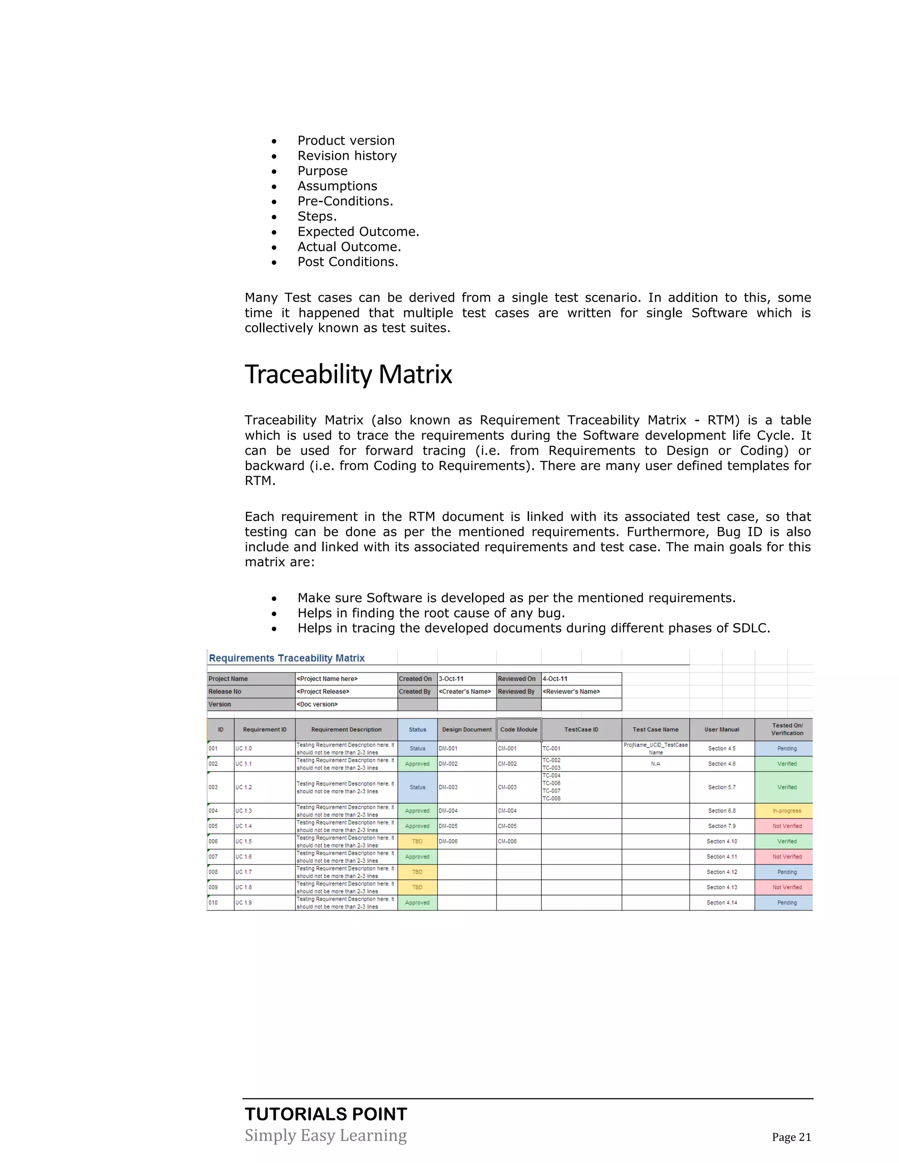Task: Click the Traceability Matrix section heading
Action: tap(348, 374)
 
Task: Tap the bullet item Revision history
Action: tap(347, 155)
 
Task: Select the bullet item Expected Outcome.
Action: tap(358, 232)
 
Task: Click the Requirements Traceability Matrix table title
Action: tap(287, 658)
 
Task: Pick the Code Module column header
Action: tap(519, 729)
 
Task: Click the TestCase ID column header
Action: tap(581, 729)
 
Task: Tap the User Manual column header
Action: tap(722, 729)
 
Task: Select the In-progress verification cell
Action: tap(787, 811)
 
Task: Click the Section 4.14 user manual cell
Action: tap(722, 903)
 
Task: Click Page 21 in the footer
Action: tap(791, 1137)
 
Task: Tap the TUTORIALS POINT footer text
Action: tap(326, 1114)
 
